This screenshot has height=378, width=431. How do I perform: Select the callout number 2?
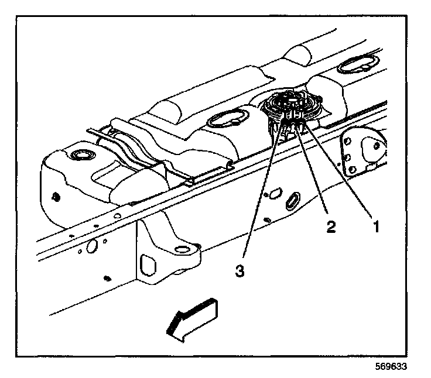(331, 226)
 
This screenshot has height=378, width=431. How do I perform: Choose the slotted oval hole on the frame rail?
(291, 200)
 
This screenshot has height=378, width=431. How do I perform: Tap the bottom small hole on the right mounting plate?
(353, 170)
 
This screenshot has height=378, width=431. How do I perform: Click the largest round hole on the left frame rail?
(92, 248)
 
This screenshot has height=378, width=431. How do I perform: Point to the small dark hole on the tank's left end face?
(54, 195)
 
